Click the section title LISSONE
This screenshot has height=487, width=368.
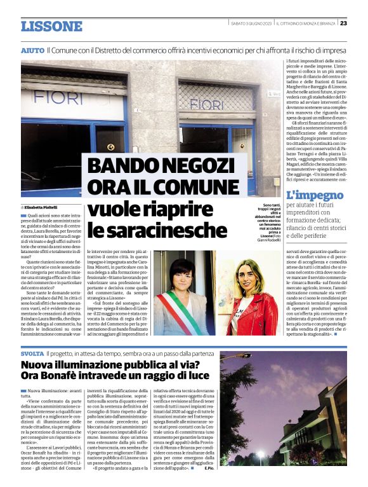click(x=51, y=26)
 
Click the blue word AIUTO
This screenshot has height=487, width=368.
click(x=32, y=50)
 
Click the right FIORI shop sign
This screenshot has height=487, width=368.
click(x=206, y=103)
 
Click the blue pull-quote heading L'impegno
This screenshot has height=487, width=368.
click(x=312, y=195)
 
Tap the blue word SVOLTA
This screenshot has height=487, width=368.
click(x=32, y=353)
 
